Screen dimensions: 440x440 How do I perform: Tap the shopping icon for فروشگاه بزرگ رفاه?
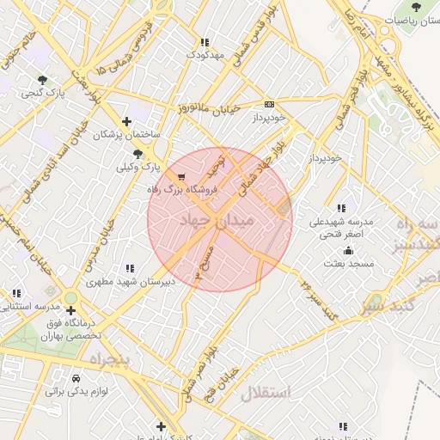181,176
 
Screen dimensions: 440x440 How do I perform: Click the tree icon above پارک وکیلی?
138,154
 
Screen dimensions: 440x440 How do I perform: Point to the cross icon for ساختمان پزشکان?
127,121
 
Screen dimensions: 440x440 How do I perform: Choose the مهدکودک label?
204,55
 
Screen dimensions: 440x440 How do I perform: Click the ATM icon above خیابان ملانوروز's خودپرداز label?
269,102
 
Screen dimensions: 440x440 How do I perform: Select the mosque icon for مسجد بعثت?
348,251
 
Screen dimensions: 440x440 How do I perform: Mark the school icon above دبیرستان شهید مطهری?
130,268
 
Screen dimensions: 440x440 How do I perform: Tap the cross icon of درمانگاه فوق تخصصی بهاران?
70,310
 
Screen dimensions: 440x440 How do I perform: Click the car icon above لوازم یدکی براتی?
76,378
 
